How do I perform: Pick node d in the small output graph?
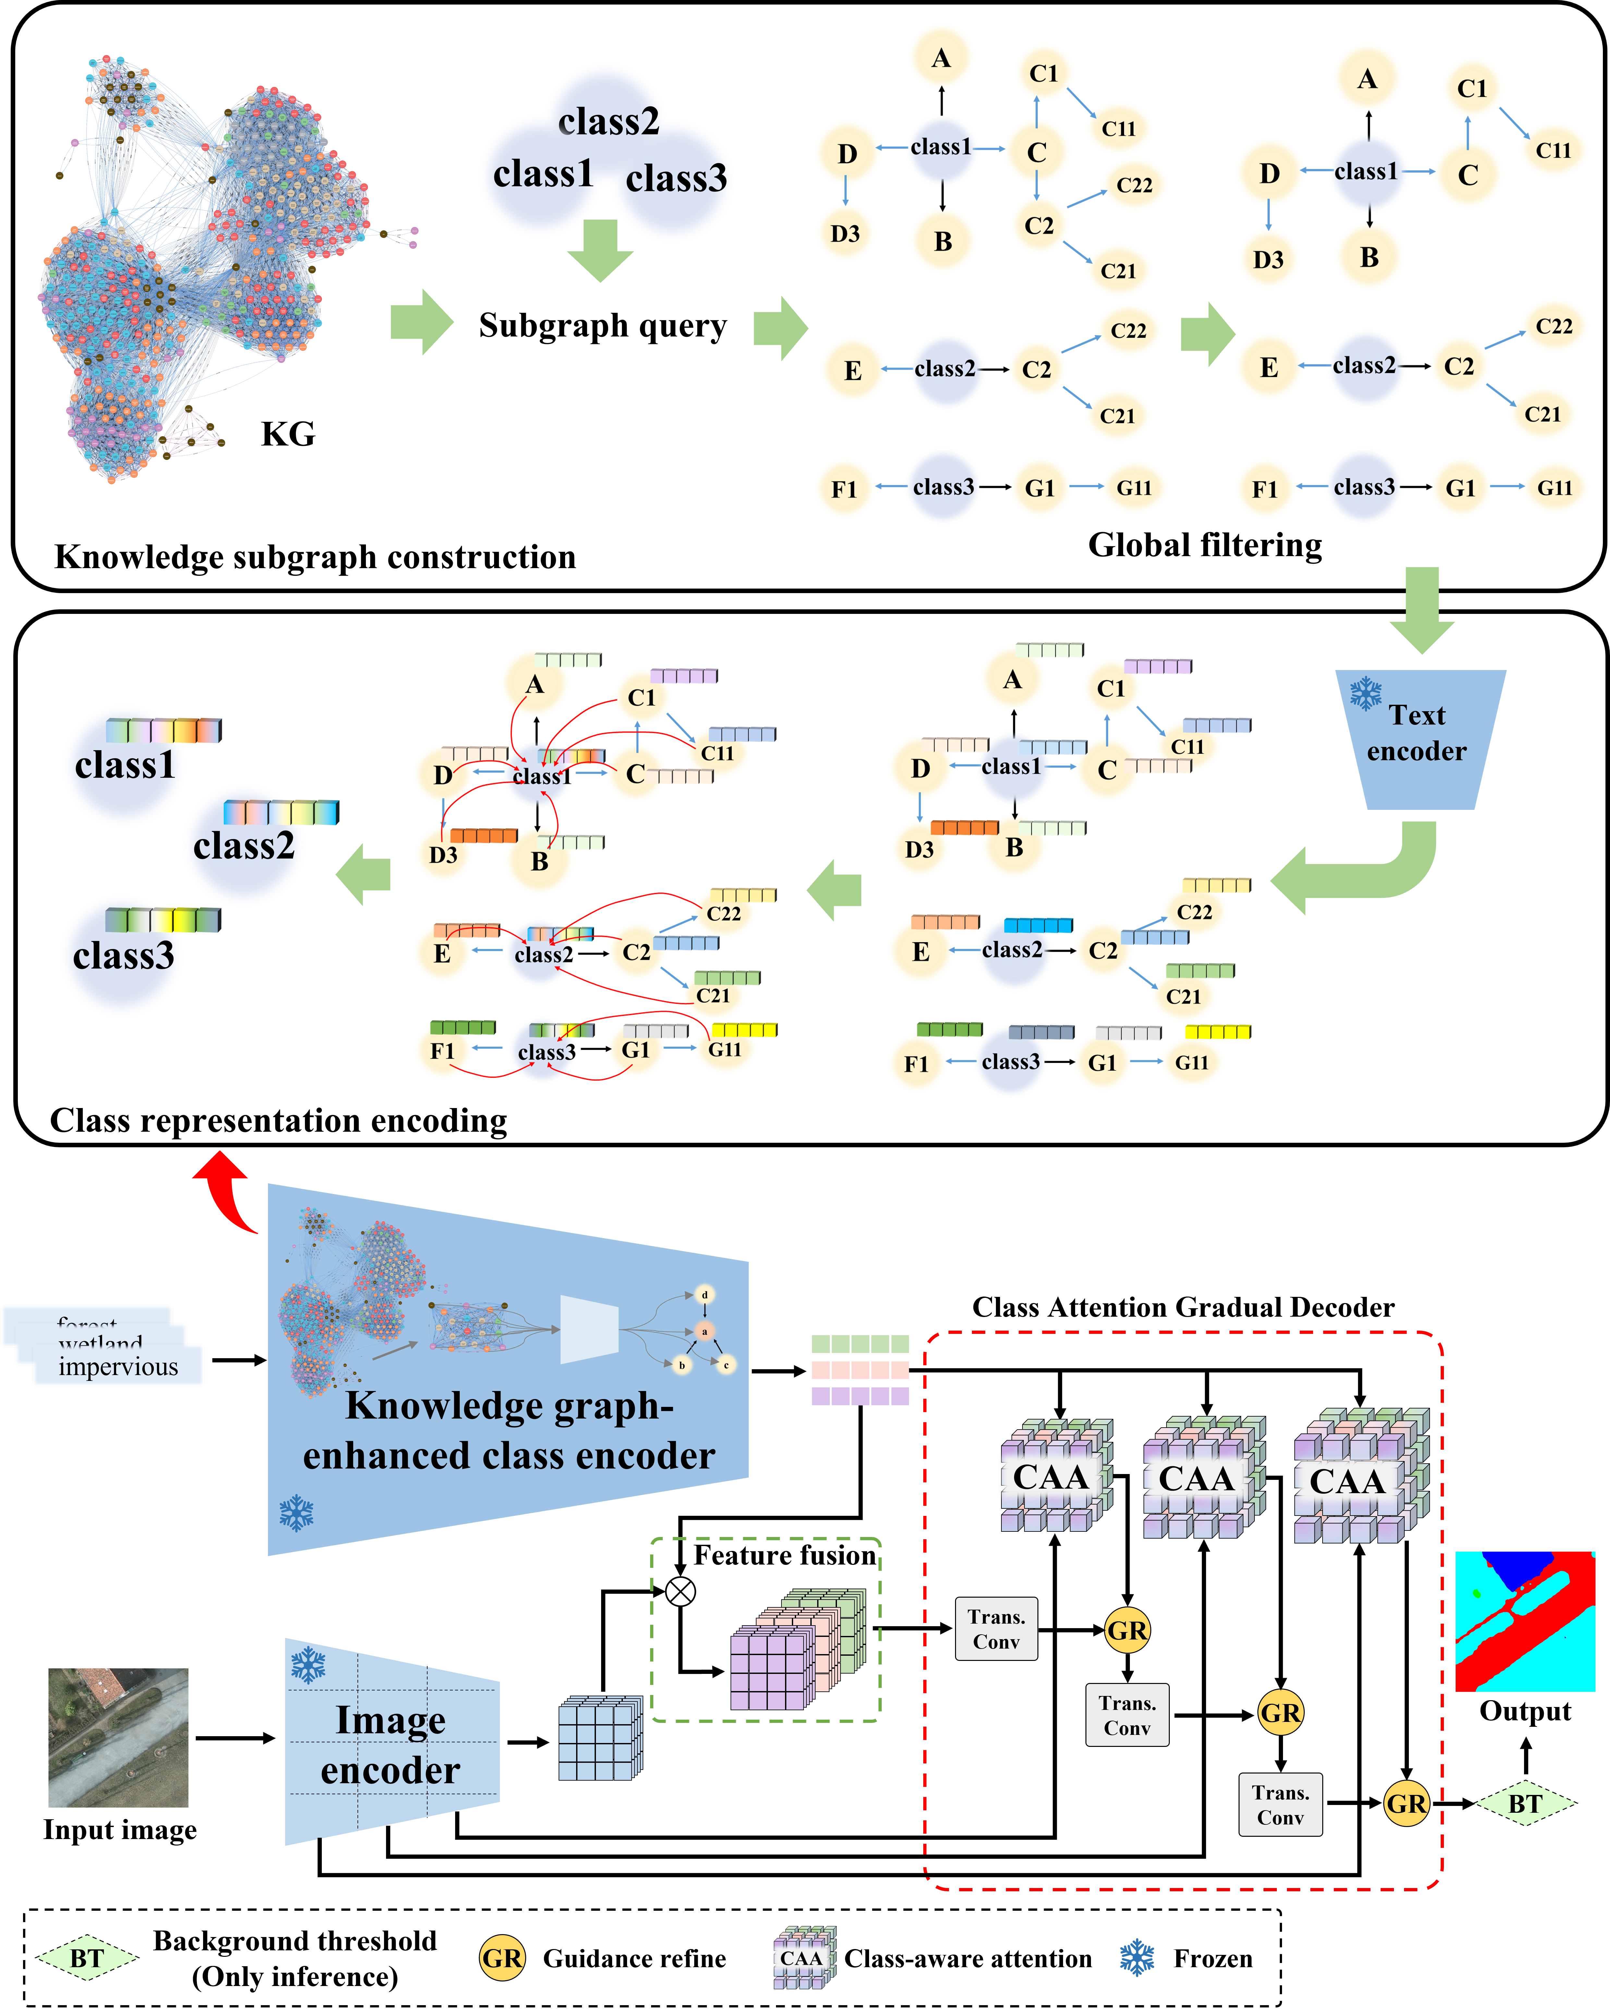[704, 1295]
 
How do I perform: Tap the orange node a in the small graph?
[704, 1331]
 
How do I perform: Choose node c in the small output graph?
[726, 1365]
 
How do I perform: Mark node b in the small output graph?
[682, 1365]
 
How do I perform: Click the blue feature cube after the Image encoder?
[600, 1738]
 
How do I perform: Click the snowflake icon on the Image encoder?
[308, 1665]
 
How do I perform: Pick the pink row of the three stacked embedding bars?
[859, 1369]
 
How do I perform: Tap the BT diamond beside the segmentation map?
[1524, 1804]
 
